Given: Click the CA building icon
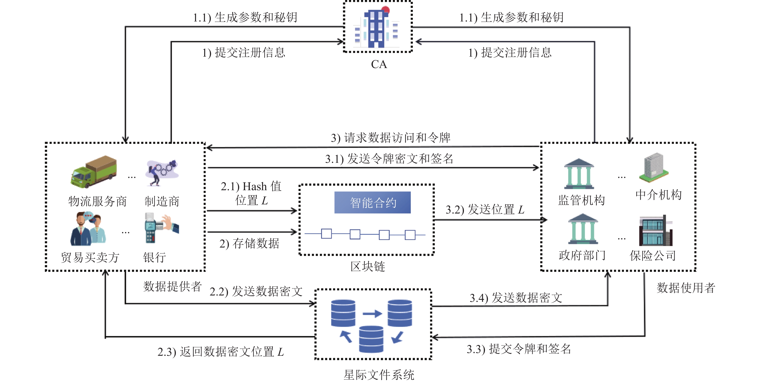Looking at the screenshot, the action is point(377,27).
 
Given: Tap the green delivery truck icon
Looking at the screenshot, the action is point(94,172).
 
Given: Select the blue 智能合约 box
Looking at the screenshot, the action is point(372,203).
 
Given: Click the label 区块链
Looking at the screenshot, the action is point(368,266).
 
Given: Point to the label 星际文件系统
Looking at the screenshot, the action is point(379,375).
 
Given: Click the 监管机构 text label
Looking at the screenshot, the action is point(581,200).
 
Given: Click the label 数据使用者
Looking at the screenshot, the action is point(686,288).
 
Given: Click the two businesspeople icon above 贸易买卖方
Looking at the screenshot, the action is point(88,229).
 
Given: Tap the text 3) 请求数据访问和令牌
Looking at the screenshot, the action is point(391,138).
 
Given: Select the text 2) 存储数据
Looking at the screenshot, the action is point(249,243).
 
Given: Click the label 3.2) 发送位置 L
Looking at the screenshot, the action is point(485,209).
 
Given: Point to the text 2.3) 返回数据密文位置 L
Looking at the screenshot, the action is point(221,352).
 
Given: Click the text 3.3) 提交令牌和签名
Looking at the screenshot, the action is point(519,349).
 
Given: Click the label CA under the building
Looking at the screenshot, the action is point(379,64).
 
